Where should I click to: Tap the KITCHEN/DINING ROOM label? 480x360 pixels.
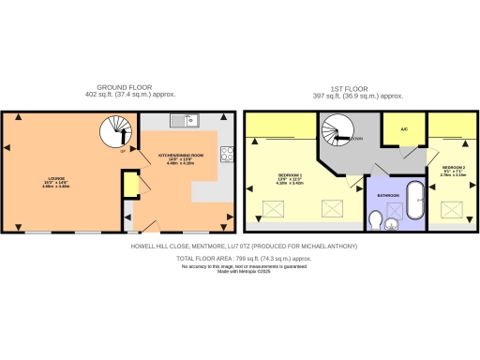tap(178, 160)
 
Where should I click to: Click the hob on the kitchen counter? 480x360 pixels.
tap(226, 154)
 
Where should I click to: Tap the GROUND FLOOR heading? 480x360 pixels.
tap(116, 86)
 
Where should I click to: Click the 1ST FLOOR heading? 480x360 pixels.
tap(357, 86)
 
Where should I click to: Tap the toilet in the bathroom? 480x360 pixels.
tap(375, 220)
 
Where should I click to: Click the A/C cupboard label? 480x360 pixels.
tap(403, 129)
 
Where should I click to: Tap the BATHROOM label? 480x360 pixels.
tap(388, 195)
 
